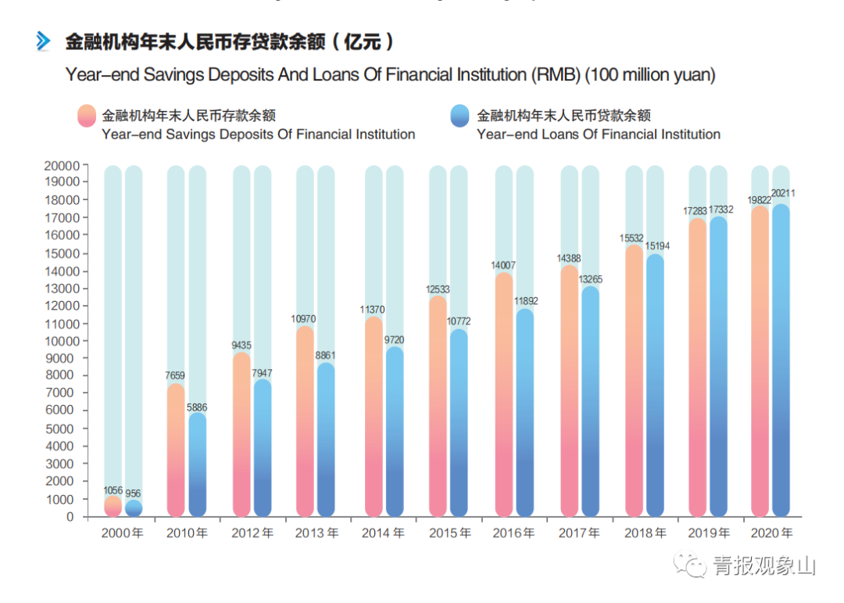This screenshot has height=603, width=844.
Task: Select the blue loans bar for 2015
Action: point(460,422)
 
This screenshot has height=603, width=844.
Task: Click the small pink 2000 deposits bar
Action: point(113,506)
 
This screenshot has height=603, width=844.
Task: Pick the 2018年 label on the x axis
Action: point(645,533)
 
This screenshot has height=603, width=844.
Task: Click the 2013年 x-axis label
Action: point(316,533)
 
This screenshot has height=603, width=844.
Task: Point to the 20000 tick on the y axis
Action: point(62,166)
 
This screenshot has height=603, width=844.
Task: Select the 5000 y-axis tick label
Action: point(65,429)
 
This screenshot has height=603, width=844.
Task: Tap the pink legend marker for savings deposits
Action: point(87,116)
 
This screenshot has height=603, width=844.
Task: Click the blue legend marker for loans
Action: point(460,116)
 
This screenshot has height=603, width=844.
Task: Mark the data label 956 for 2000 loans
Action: point(134,494)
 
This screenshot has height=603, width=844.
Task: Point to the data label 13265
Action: point(591,279)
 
